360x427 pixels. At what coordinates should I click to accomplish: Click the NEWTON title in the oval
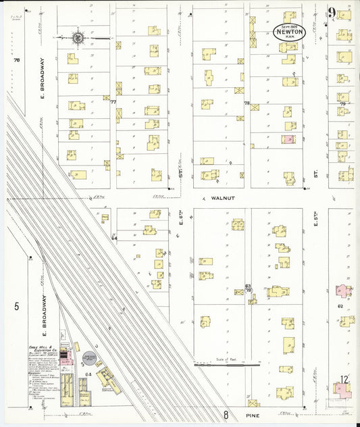click(x=290, y=32)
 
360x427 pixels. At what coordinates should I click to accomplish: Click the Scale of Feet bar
click(x=226, y=364)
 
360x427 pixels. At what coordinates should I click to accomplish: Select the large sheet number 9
click(x=332, y=13)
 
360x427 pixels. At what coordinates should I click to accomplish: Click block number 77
click(x=113, y=103)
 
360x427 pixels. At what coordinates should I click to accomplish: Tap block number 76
click(x=16, y=60)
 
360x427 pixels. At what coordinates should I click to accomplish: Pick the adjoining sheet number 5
click(x=16, y=306)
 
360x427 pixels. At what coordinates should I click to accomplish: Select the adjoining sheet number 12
click(x=344, y=380)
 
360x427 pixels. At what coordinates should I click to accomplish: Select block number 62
click(x=341, y=305)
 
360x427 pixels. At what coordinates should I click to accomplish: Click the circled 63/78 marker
click(x=249, y=288)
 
